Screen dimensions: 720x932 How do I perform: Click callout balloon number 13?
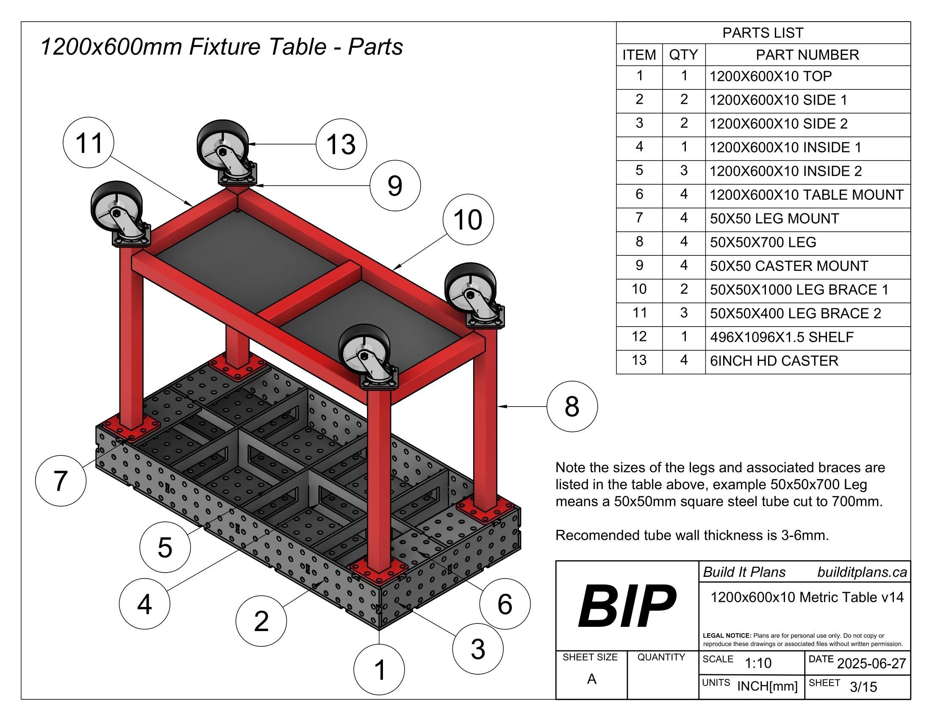pyautogui.click(x=341, y=144)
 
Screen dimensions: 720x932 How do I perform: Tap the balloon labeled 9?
pyautogui.click(x=395, y=186)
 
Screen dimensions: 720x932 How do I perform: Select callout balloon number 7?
pyautogui.click(x=61, y=481)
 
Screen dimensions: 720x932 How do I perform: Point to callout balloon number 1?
pyautogui.click(x=379, y=669)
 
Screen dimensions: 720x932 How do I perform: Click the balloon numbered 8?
pyautogui.click(x=572, y=406)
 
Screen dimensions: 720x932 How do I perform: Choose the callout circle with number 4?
pyautogui.click(x=144, y=604)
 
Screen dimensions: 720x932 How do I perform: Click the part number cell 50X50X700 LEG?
pyautogui.click(x=763, y=242)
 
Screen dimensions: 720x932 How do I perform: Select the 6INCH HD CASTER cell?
pyautogui.click(x=774, y=361)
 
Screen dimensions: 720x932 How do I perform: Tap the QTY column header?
pyautogui.click(x=683, y=55)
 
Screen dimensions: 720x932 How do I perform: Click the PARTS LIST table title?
pyautogui.click(x=763, y=33)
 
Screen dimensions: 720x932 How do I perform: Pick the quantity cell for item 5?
pyautogui.click(x=683, y=171)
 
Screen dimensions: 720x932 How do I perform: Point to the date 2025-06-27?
pyautogui.click(x=871, y=663)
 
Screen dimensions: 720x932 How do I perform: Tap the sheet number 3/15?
pyautogui.click(x=863, y=687)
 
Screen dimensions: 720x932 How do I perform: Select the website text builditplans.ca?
pyautogui.click(x=862, y=572)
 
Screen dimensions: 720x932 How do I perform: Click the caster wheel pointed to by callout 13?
pyautogui.click(x=223, y=145)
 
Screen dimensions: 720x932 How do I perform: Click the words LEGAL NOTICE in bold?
pyautogui.click(x=726, y=636)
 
